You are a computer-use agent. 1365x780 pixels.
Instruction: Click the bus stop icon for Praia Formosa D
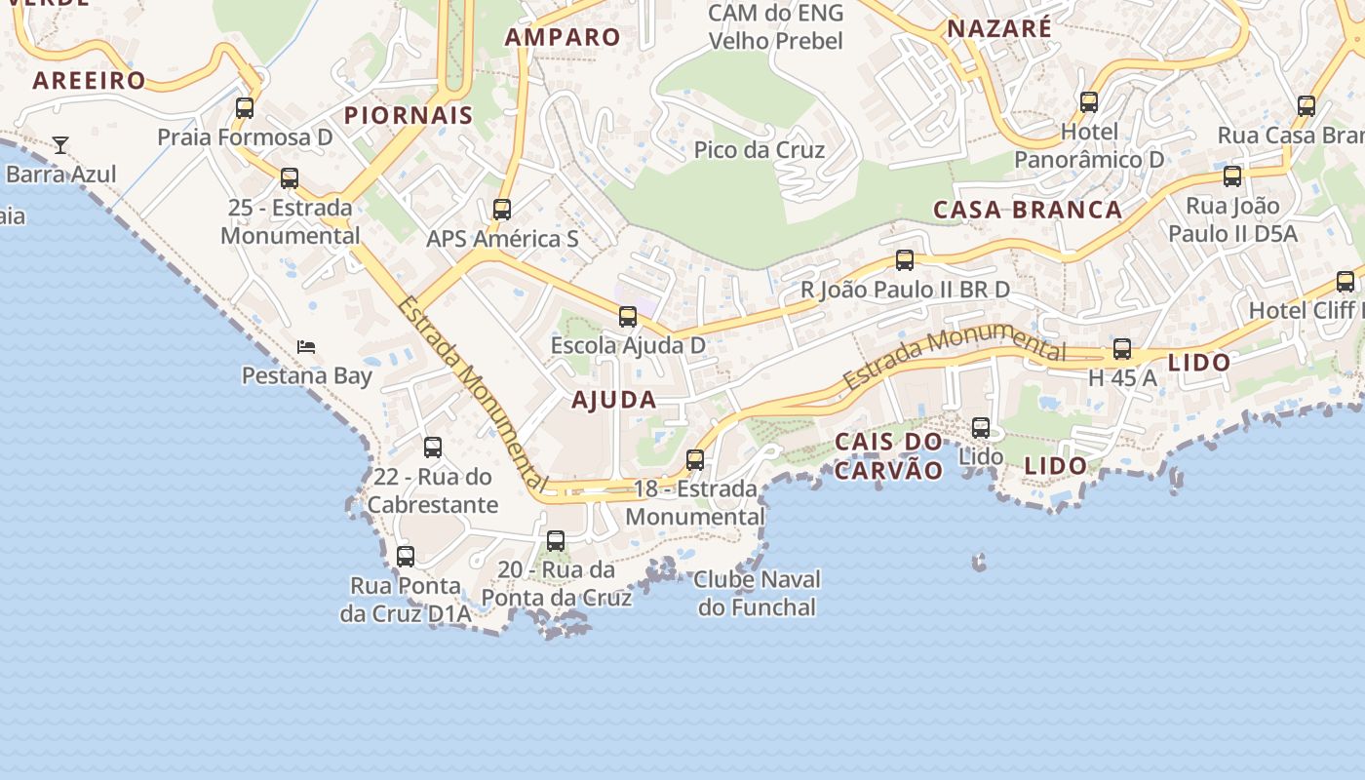point(245,107)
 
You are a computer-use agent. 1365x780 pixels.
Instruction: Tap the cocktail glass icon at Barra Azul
point(60,145)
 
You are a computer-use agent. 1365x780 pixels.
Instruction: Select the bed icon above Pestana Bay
point(306,347)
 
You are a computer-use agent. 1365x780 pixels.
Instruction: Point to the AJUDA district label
point(613,400)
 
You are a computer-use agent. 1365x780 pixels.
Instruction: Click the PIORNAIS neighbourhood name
point(409,115)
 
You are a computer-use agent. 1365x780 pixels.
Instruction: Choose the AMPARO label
point(563,37)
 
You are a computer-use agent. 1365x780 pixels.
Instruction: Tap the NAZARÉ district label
point(999,28)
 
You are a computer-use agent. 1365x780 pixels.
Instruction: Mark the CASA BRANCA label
point(1028,210)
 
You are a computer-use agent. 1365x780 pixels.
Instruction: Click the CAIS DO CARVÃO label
point(889,456)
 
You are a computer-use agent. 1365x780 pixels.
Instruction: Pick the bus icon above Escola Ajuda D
point(628,316)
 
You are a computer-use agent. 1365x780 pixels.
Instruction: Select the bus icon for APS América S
point(502,209)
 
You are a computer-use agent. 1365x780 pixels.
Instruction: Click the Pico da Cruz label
point(759,150)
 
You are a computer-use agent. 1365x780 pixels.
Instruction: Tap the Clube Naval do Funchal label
point(758,593)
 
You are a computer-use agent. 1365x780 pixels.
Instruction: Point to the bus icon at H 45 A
point(1122,349)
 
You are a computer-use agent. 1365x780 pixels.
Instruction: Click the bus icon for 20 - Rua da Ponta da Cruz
point(556,540)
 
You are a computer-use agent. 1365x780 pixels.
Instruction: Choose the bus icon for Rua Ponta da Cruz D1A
point(406,556)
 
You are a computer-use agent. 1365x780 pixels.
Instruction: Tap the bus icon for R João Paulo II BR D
point(905,260)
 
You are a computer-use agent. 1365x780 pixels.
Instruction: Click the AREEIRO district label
point(89,80)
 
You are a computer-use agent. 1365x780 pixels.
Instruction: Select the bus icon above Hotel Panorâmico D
point(1089,101)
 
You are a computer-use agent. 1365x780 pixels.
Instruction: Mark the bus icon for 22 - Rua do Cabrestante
point(433,448)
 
